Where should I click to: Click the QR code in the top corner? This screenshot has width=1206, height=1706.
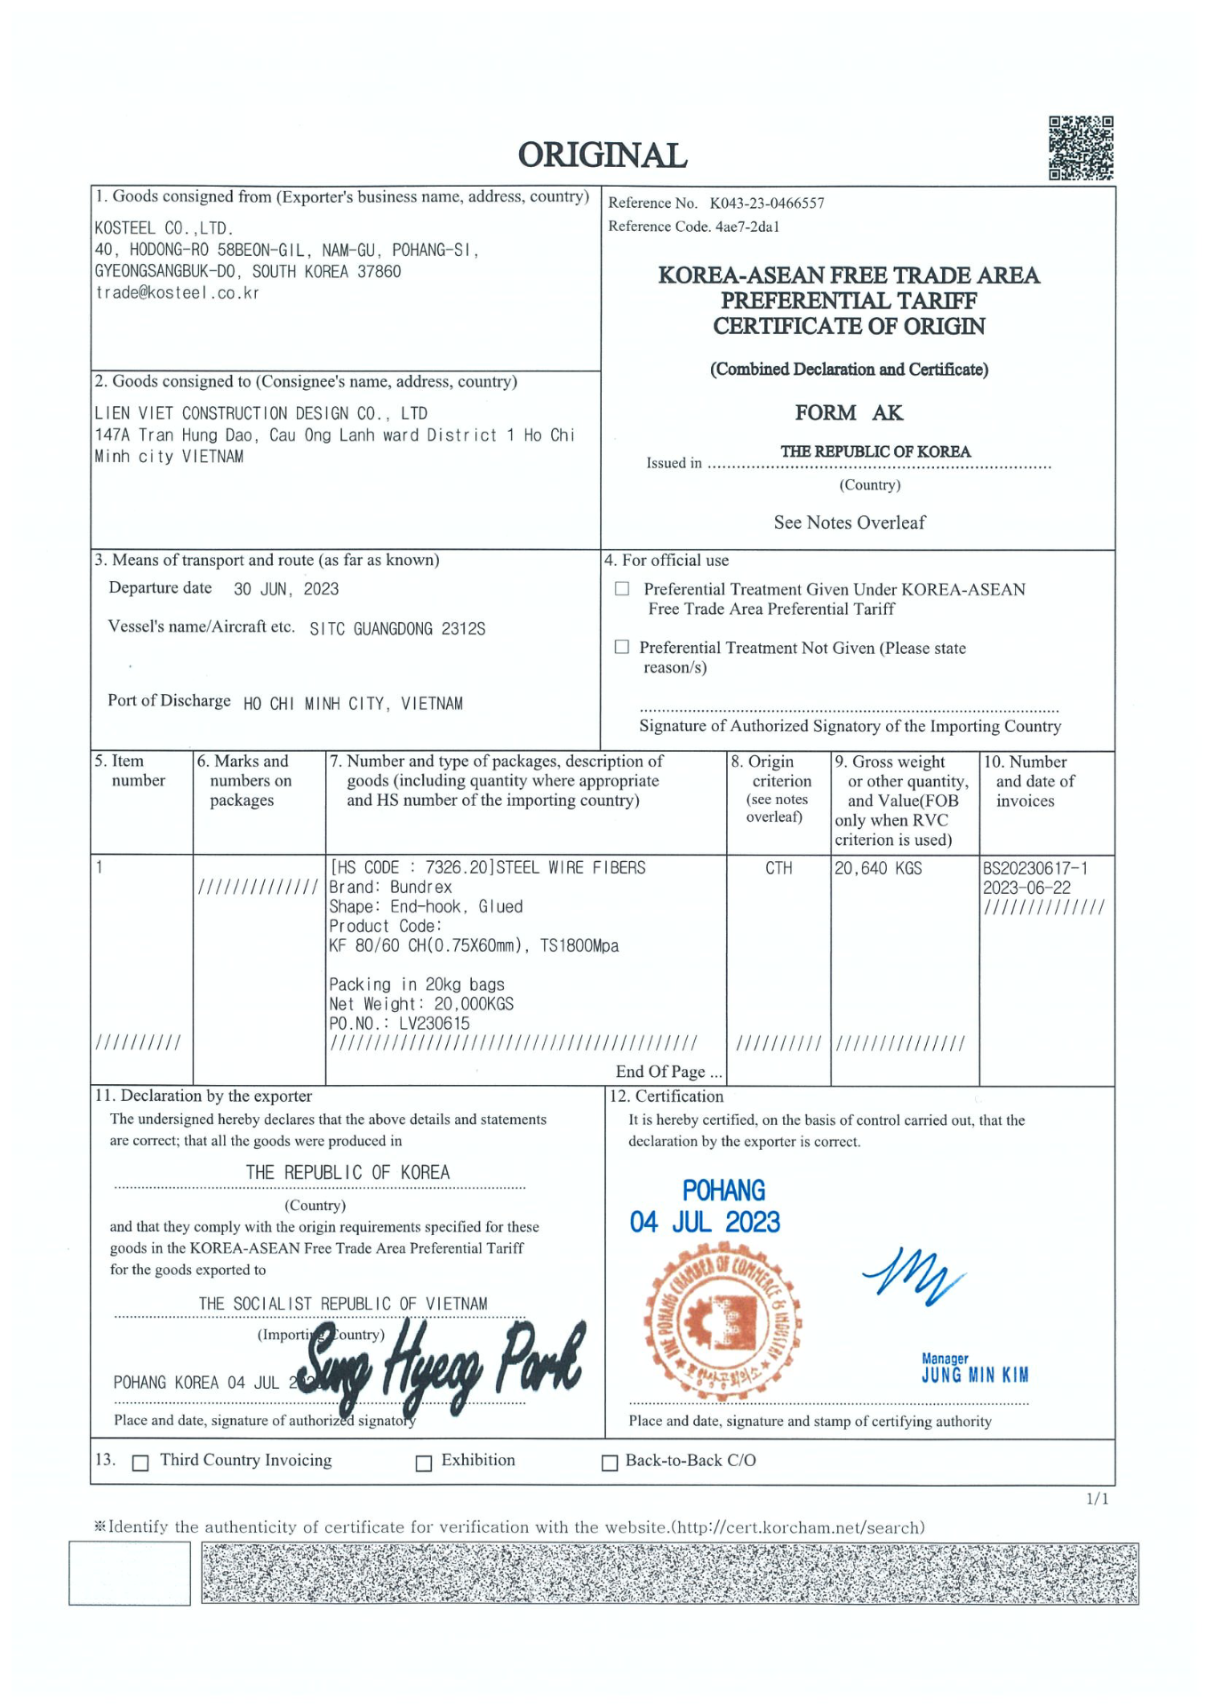1081,147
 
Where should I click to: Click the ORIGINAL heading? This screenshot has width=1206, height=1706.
603,155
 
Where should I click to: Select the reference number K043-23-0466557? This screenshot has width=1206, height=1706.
766,203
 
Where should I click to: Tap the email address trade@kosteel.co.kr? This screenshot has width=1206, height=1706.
177,293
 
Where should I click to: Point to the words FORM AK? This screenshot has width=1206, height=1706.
849,413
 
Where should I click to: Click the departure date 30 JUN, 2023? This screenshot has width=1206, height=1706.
286,589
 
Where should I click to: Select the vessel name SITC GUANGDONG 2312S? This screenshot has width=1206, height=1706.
397,629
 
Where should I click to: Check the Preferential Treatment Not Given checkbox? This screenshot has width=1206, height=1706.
622,647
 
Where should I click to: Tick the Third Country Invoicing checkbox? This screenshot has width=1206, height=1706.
140,1463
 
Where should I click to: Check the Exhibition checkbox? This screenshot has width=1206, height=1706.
424,1463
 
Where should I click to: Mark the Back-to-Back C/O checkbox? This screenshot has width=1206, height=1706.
610,1463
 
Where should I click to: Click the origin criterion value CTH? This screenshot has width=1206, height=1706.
779,868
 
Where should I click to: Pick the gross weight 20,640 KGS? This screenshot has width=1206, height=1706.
878,868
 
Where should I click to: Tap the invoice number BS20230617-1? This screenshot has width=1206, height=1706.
1035,868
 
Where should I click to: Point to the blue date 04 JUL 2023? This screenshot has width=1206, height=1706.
705,1223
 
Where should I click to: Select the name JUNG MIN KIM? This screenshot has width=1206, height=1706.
975,1375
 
